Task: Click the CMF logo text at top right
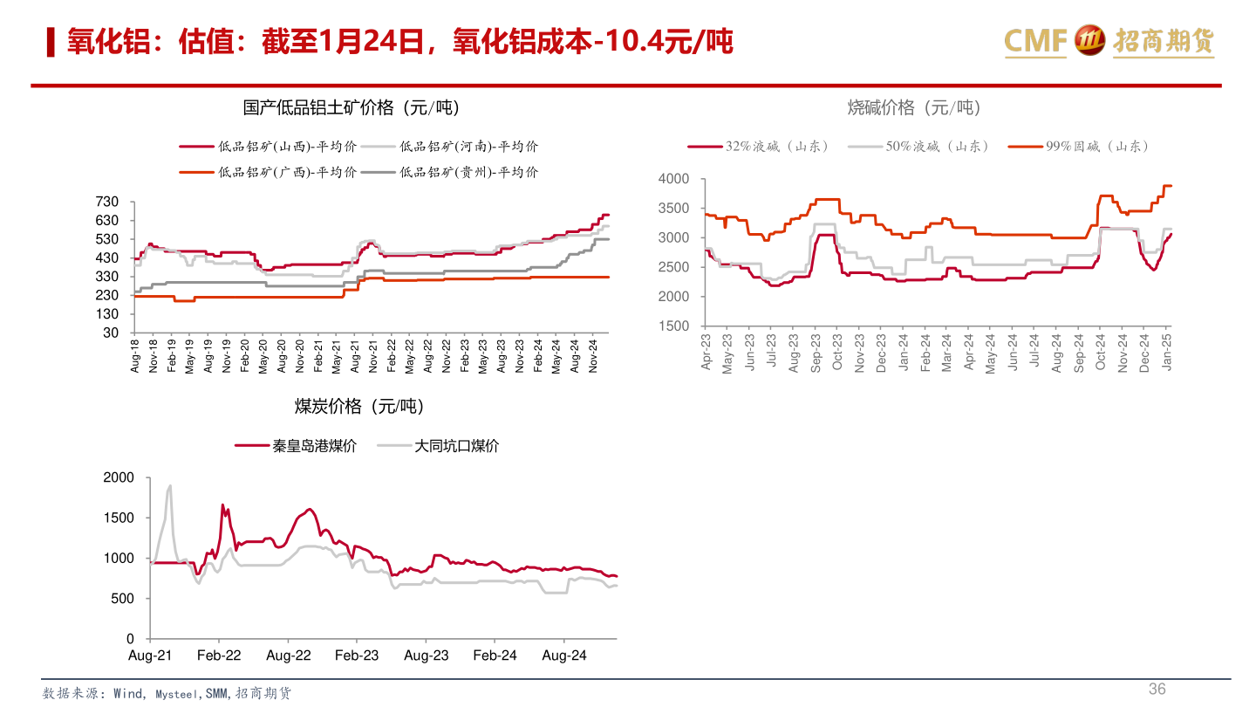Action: click(x=1035, y=40)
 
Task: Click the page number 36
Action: click(x=1157, y=689)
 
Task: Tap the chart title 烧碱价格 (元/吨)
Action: click(x=914, y=107)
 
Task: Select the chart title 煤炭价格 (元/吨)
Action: click(x=358, y=406)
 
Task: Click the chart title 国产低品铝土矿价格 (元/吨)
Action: click(x=351, y=107)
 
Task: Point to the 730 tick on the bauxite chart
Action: click(x=109, y=202)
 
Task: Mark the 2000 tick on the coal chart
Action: click(x=119, y=477)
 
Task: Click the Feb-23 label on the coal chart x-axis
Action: click(x=358, y=656)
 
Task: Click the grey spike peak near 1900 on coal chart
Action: click(x=169, y=486)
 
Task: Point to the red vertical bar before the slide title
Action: click(x=51, y=41)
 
